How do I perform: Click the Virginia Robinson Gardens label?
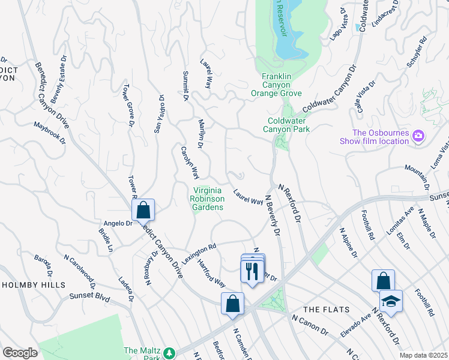point(208,199)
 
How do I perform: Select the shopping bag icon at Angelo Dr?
point(143,210)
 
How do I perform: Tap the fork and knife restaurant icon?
point(252,271)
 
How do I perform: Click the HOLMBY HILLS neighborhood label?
point(33,285)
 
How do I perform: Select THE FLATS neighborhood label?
point(324,309)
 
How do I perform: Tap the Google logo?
point(20,353)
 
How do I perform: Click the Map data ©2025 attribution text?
point(423,355)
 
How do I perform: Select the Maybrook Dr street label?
point(49,134)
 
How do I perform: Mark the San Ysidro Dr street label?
point(159,113)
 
